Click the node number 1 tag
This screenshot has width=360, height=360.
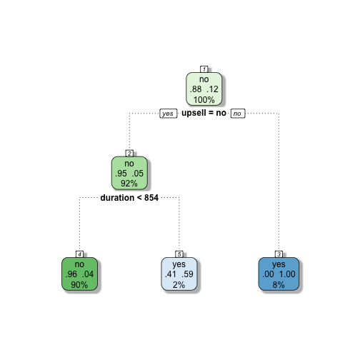[x=204, y=69]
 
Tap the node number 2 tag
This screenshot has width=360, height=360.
[x=129, y=154]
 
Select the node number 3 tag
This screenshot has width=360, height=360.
[x=279, y=254]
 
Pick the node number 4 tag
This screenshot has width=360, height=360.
[x=79, y=254]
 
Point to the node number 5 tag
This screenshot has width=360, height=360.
[x=179, y=254]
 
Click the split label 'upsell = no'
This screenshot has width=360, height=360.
[x=204, y=113]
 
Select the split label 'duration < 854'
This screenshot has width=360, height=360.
[x=129, y=198]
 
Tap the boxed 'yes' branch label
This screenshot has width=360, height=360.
[x=169, y=114]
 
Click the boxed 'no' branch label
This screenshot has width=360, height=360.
[x=238, y=114]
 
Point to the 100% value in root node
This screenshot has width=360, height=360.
[x=204, y=100]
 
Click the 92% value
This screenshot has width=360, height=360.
[x=129, y=184]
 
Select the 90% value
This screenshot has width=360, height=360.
[x=79, y=284]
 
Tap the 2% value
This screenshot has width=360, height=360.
[x=179, y=284]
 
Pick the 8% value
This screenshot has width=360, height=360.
[x=279, y=284]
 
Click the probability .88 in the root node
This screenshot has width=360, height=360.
[x=196, y=89]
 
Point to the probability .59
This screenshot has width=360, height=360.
[x=187, y=274]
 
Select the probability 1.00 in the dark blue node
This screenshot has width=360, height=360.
[x=287, y=274]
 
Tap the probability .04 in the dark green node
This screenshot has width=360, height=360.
[x=88, y=274]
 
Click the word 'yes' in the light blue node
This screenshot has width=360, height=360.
[x=179, y=264]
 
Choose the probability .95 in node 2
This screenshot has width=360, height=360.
[x=121, y=174]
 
